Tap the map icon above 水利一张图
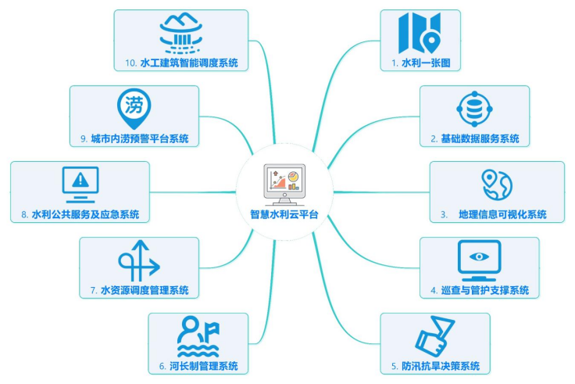pos(420,31)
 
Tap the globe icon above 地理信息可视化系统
pos(496,185)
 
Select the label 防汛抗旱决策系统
pos(441,366)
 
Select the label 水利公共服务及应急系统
pos(85,214)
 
